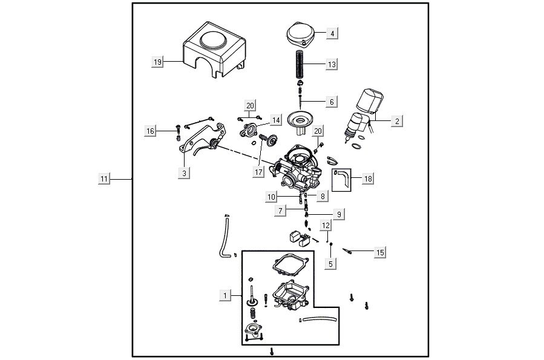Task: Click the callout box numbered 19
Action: pyautogui.click(x=157, y=62)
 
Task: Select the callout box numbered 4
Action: pyautogui.click(x=332, y=33)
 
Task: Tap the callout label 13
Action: pyautogui.click(x=332, y=64)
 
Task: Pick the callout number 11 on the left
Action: pyautogui.click(x=104, y=179)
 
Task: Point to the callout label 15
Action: pyautogui.click(x=379, y=252)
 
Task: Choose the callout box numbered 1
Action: pyautogui.click(x=224, y=295)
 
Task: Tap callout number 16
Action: pyautogui.click(x=151, y=131)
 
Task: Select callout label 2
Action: pyautogui.click(x=397, y=121)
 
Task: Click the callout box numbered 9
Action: pyautogui.click(x=339, y=214)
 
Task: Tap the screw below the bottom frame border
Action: pyautogui.click(x=272, y=352)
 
